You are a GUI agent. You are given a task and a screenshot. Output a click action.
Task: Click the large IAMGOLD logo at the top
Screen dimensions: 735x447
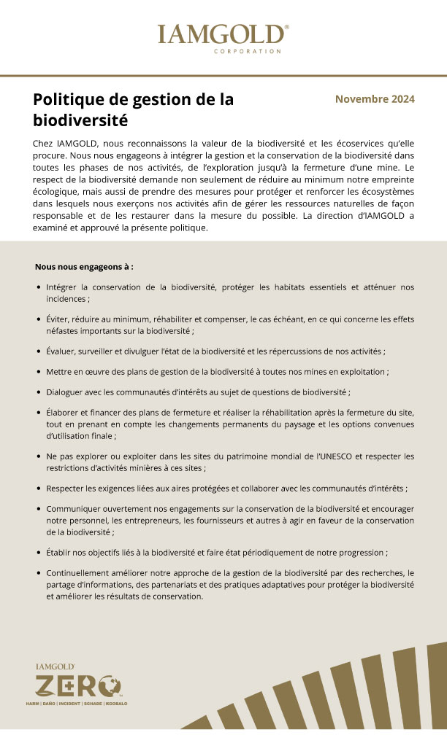[223, 34]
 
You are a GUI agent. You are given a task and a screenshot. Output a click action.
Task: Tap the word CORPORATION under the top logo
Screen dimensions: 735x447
[248, 52]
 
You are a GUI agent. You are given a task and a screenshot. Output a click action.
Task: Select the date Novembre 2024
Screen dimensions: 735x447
[375, 99]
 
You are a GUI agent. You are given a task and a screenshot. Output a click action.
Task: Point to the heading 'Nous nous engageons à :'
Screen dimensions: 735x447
[84, 267]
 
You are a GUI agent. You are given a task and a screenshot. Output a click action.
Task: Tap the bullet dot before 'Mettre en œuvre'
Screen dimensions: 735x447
[38, 371]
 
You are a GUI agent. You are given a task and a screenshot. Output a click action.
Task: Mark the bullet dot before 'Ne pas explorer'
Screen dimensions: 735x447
[38, 456]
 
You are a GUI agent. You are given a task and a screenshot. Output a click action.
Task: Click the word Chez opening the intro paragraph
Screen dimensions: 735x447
[43, 143]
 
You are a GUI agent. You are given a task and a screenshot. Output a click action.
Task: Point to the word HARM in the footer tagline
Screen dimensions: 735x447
[32, 703]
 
